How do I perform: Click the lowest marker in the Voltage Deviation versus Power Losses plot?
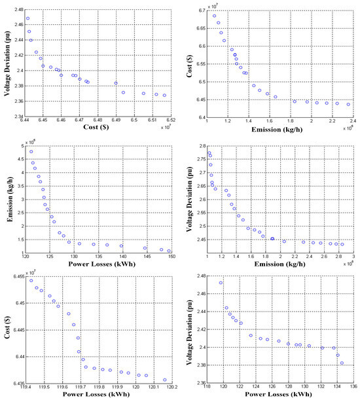[342, 363]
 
